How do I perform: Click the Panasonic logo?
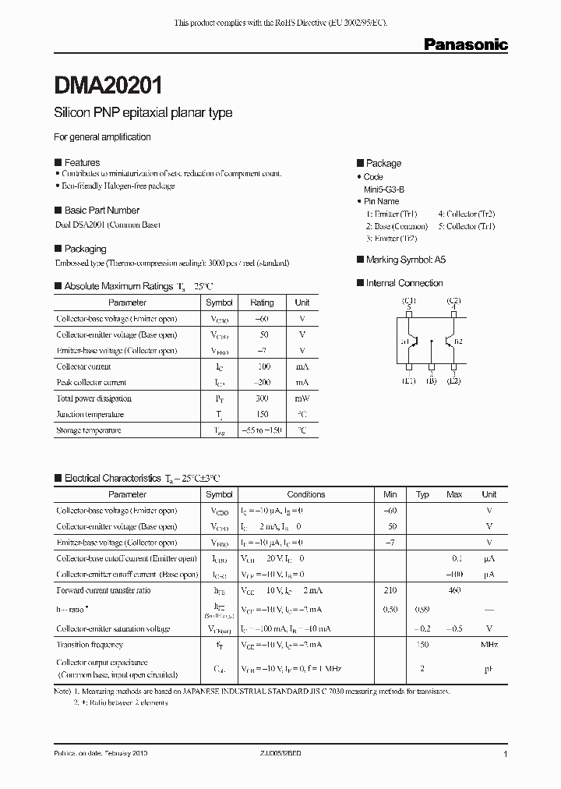click(x=465, y=45)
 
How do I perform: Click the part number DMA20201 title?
click(x=108, y=84)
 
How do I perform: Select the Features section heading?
click(x=81, y=163)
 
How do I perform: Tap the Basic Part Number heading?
click(x=101, y=211)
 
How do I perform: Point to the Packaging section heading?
click(x=85, y=249)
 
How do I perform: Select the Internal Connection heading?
click(x=404, y=283)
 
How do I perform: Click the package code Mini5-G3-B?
click(x=384, y=189)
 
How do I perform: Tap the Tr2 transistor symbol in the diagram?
click(x=448, y=341)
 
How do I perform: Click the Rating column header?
click(x=262, y=303)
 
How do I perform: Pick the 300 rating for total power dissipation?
click(x=262, y=398)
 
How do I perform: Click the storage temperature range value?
click(x=262, y=430)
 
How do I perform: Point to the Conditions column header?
click(x=305, y=494)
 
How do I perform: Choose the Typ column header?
click(x=422, y=494)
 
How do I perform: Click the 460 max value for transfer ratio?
click(x=454, y=590)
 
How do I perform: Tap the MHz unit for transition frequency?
click(x=489, y=645)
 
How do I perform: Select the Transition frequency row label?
click(x=90, y=645)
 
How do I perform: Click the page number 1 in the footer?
click(x=506, y=755)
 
